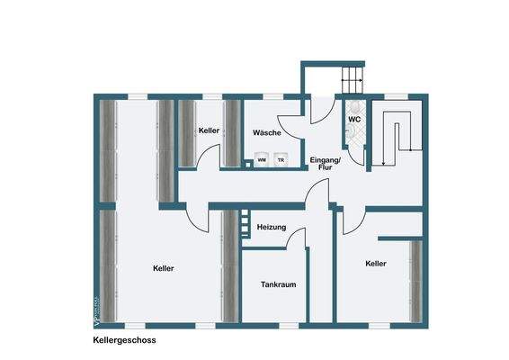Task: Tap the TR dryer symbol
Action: [281, 160]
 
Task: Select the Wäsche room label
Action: [267, 133]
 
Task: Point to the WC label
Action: [354, 117]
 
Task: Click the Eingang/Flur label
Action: [322, 164]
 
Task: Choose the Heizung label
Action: [272, 228]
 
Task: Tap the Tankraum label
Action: [279, 284]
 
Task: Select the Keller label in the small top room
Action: [210, 131]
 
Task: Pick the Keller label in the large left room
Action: [164, 268]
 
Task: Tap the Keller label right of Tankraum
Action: [376, 264]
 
